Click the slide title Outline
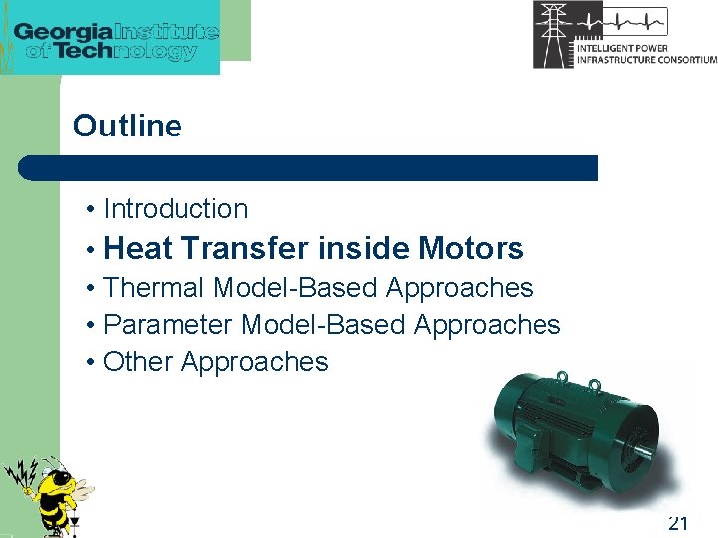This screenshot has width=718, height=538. (x=128, y=127)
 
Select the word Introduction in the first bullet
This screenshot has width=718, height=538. (x=176, y=209)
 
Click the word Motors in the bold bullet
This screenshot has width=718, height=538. (x=471, y=248)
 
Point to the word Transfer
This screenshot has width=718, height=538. (x=246, y=248)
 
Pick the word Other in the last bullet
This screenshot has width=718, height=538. (x=138, y=362)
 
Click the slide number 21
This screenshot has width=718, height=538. (x=678, y=523)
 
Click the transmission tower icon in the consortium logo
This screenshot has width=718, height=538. (x=552, y=34)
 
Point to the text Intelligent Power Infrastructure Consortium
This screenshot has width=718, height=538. (x=645, y=54)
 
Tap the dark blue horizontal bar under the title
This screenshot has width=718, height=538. (x=309, y=168)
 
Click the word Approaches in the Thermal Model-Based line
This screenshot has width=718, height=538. (x=459, y=288)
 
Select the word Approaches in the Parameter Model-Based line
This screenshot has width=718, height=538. (x=487, y=325)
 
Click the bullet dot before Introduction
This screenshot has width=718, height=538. (x=91, y=210)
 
